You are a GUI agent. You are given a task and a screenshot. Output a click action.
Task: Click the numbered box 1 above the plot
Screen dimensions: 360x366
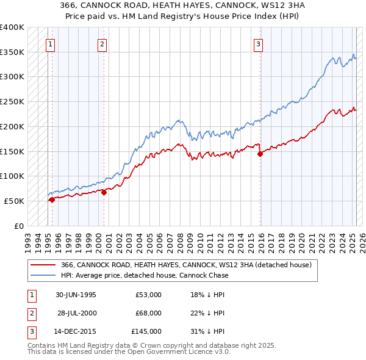49,44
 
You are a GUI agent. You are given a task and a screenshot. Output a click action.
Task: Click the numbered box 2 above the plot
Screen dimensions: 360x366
102,44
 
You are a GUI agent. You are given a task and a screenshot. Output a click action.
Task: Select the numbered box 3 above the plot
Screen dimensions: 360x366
259,44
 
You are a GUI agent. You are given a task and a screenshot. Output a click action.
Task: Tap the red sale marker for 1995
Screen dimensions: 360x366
52,199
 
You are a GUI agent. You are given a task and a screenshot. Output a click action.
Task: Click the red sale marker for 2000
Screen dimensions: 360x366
104,192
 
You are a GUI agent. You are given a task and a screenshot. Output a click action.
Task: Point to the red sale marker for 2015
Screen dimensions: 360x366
260,154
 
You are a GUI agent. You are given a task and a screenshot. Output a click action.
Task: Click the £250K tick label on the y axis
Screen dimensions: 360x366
12,101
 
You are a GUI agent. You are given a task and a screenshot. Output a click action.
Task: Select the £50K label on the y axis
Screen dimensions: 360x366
15,201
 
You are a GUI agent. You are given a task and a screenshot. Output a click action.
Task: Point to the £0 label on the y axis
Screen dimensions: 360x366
19,226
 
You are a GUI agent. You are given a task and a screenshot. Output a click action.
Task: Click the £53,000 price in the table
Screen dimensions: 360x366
148,294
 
